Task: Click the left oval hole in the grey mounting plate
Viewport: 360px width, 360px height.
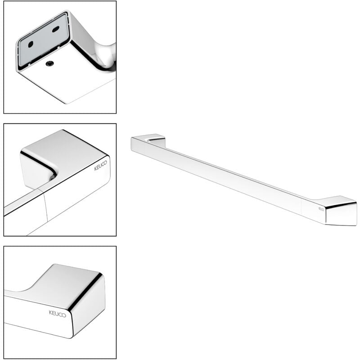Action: tap(31, 44)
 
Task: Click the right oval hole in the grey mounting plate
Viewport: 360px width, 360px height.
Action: tap(55, 29)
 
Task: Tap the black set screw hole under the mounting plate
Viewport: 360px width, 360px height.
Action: tap(49, 64)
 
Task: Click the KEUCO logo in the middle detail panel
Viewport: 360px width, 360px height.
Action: tap(100, 166)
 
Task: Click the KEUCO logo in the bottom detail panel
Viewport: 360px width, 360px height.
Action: tap(58, 314)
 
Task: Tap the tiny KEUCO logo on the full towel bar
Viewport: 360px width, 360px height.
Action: tap(321, 209)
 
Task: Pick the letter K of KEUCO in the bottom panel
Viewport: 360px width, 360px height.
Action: tap(50, 312)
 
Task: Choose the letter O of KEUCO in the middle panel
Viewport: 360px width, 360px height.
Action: tap(105, 163)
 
